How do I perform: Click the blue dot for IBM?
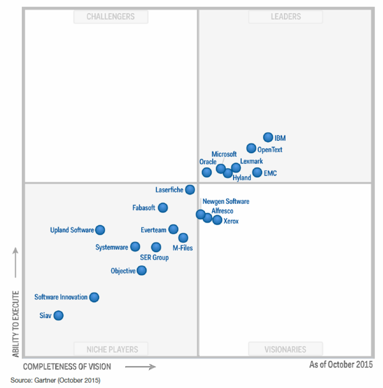point(268,137)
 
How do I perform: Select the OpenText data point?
point(251,148)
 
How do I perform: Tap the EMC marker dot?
point(257,172)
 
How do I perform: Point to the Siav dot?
point(58,315)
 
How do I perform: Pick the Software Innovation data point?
point(94,297)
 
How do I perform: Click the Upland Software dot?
point(100,230)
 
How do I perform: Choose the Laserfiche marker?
point(190,190)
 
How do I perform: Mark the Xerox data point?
point(217,220)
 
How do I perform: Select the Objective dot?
point(141,270)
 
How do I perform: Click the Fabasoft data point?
point(163,208)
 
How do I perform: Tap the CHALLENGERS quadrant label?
point(111,16)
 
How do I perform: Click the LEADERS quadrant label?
point(285,16)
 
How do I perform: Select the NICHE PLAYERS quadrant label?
point(111,349)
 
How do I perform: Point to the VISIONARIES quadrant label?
point(285,349)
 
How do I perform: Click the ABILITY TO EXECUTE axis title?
point(16,324)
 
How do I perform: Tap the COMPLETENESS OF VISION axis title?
point(67,367)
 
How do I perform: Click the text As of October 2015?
point(341,364)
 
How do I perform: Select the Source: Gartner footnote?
point(55,380)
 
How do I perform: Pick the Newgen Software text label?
point(226,201)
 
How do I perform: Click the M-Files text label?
point(183,248)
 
